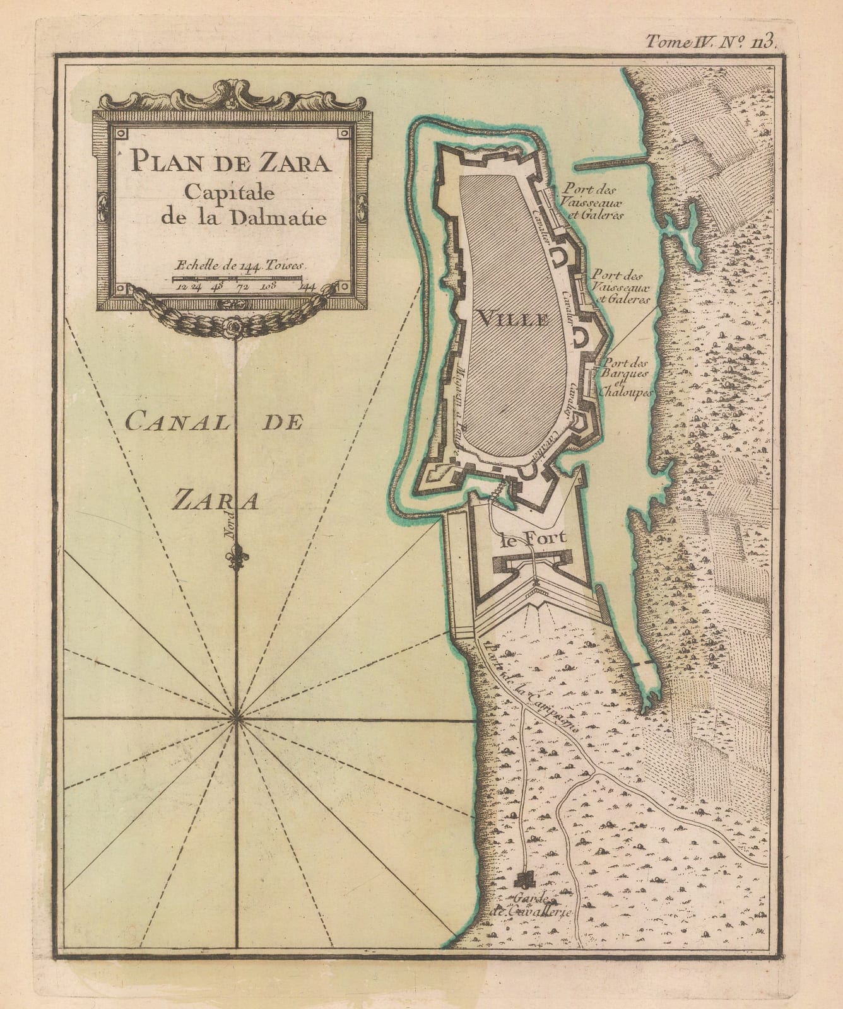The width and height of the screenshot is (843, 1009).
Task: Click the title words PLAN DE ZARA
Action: [x=230, y=163]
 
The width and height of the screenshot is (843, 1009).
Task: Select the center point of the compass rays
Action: [x=237, y=717]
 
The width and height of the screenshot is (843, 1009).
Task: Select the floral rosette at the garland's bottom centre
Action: [x=236, y=326]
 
